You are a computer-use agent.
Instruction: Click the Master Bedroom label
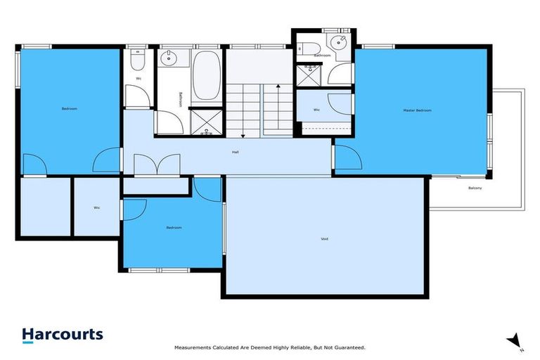(x=417, y=110)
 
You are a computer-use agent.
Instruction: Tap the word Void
(x=324, y=239)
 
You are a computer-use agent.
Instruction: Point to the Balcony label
(x=475, y=188)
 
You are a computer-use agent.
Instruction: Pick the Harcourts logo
(x=62, y=335)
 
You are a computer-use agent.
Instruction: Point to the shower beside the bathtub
(x=207, y=122)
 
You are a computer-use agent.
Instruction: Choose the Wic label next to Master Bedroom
(x=316, y=110)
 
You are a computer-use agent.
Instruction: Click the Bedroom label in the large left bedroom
(x=70, y=108)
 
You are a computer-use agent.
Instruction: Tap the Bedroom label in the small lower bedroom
(x=174, y=227)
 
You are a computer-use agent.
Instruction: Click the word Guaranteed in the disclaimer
(x=349, y=348)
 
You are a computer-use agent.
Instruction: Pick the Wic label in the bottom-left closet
(x=96, y=207)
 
